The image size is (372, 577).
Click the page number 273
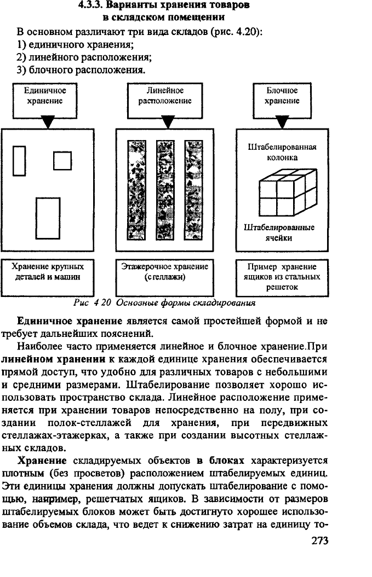pyautogui.click(x=319, y=540)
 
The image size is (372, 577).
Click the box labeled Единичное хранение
pyautogui.click(x=45, y=101)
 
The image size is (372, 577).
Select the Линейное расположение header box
pyautogui.click(x=165, y=101)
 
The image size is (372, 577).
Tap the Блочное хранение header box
pyautogui.click(x=282, y=101)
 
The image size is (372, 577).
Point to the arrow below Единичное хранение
pyautogui.click(x=48, y=122)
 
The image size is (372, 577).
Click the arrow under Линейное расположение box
pyautogui.click(x=168, y=122)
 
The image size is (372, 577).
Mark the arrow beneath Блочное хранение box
pyautogui.click(x=282, y=122)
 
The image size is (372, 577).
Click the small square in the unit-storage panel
pyautogui.click(x=62, y=161)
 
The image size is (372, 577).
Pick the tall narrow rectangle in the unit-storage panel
pyautogui.click(x=19, y=161)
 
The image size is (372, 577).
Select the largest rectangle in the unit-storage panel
pyautogui.click(x=48, y=219)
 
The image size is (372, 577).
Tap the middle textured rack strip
pyautogui.click(x=165, y=190)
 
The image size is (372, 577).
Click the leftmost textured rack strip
pyautogui.click(x=136, y=190)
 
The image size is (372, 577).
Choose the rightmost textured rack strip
pyautogui.click(x=193, y=190)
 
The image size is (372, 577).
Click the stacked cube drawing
pyautogui.click(x=288, y=193)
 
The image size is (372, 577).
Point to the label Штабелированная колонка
pyautogui.click(x=282, y=153)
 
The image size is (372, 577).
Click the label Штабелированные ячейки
pyautogui.click(x=279, y=232)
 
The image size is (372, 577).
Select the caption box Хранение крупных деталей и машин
pyautogui.click(x=48, y=277)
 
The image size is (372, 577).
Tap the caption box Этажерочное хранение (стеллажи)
pyautogui.click(x=165, y=277)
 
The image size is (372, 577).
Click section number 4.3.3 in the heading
pyautogui.click(x=91, y=5)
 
